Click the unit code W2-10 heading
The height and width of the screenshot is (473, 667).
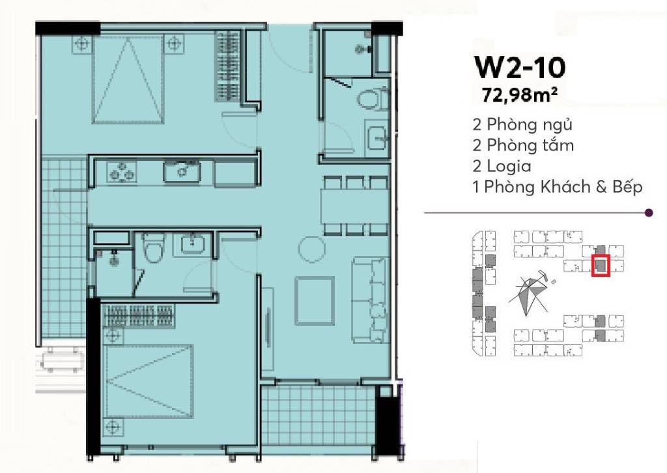pyautogui.click(x=519, y=68)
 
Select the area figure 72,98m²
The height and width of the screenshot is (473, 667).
pyautogui.click(x=519, y=95)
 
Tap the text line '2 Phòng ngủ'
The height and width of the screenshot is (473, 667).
pyautogui.click(x=522, y=124)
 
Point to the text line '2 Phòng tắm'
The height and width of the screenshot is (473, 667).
pyautogui.click(x=523, y=145)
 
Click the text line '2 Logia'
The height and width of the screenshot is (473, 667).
pyautogui.click(x=502, y=165)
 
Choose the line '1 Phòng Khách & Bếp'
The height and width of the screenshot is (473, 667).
pyautogui.click(x=558, y=186)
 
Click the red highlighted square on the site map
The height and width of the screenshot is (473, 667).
pyautogui.click(x=601, y=265)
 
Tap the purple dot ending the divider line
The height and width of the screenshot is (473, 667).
pyautogui.click(x=649, y=212)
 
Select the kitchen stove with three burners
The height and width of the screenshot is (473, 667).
pyautogui.click(x=122, y=171)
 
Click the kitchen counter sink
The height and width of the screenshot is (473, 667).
pyautogui.click(x=182, y=171)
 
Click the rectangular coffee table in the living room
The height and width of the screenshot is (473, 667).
pyautogui.click(x=315, y=301)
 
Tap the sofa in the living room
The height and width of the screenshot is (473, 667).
pyautogui.click(x=370, y=300)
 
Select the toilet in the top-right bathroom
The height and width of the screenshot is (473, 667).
pyautogui.click(x=373, y=98)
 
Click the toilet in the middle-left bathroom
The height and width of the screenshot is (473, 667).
pyautogui.click(x=152, y=248)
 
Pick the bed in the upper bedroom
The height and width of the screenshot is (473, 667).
pyautogui.click(x=128, y=80)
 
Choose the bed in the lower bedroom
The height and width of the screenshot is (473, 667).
pyautogui.click(x=149, y=382)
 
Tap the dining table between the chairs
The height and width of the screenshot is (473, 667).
pyautogui.click(x=355, y=206)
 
